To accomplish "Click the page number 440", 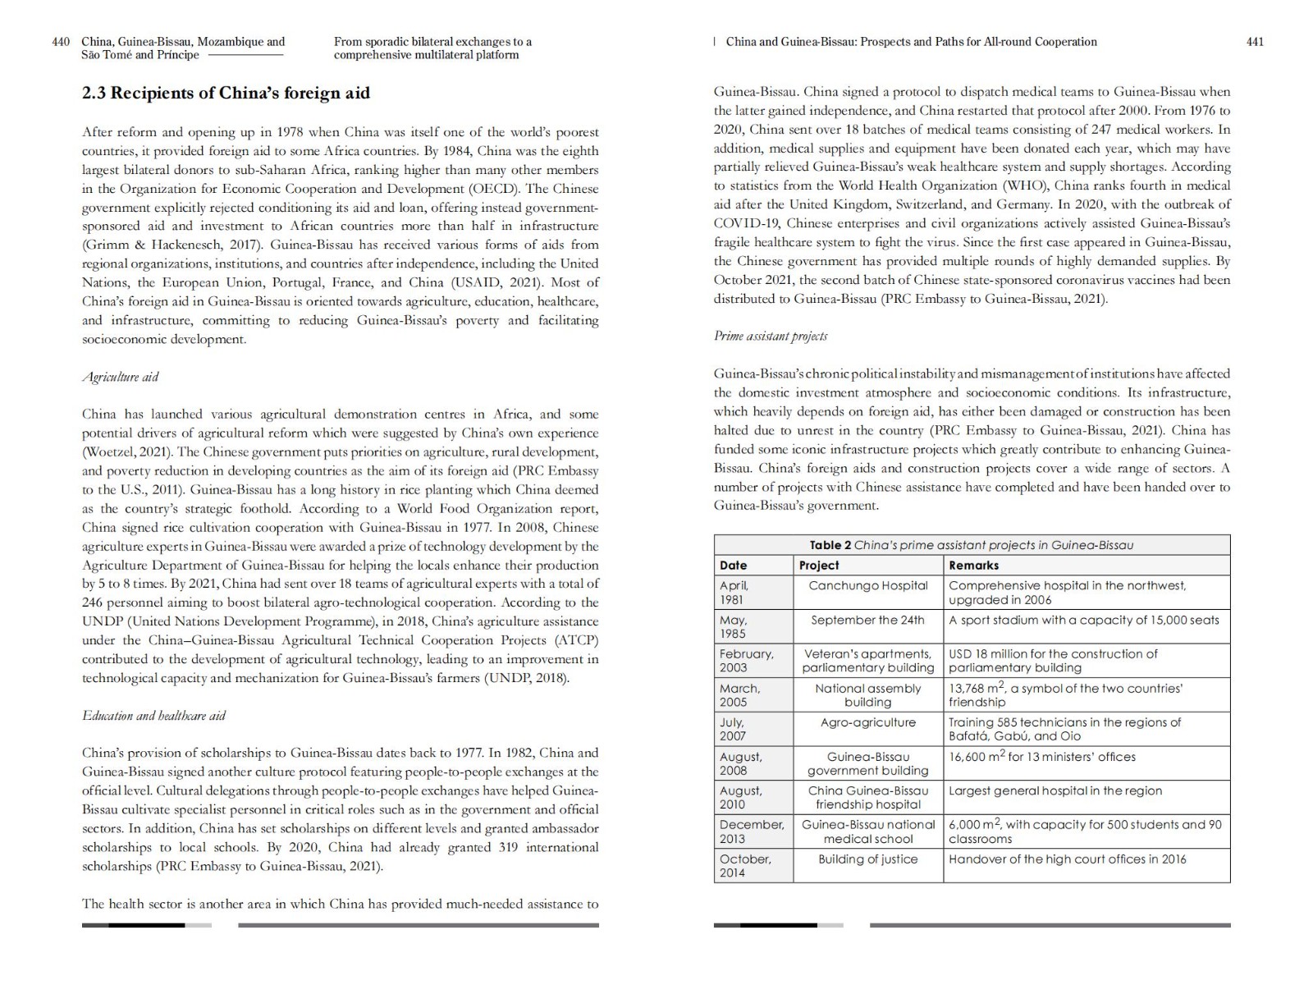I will tap(61, 42).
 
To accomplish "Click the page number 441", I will tap(1255, 42).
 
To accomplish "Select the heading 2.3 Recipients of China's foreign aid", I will tap(226, 93).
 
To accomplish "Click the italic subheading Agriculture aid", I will tap(120, 377).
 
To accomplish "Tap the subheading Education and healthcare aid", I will tap(153, 715).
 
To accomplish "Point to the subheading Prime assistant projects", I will tap(771, 336).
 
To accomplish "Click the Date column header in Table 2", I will tap(734, 566).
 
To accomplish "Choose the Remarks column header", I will tap(974, 566).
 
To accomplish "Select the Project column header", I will tap(819, 566).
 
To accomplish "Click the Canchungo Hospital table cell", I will tap(868, 585).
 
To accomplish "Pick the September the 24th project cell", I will tap(868, 620).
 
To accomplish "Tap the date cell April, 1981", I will tap(734, 592).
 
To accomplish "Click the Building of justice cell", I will tap(868, 859).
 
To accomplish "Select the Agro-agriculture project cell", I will tap(868, 722).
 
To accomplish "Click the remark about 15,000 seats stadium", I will tap(1084, 620).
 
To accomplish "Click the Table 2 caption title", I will tap(972, 545).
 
